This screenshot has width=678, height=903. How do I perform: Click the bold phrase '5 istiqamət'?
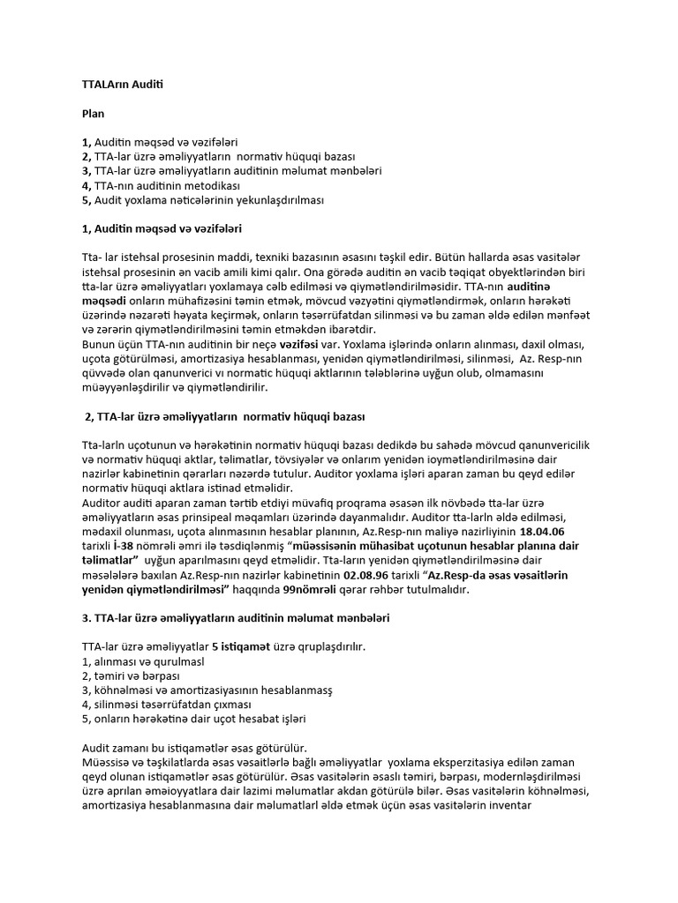click(242, 646)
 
